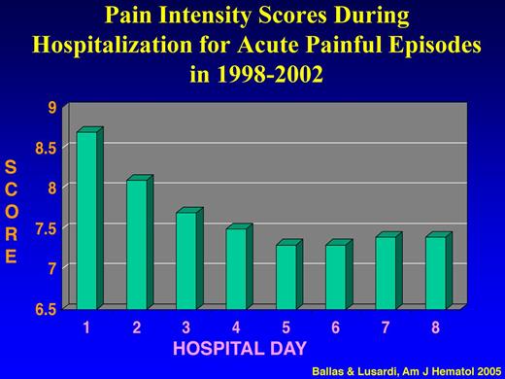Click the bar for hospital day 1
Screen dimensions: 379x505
click(86, 220)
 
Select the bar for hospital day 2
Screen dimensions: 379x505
click(136, 244)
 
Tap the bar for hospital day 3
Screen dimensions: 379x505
click(185, 260)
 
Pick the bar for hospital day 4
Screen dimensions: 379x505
click(236, 268)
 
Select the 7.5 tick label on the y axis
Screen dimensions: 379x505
click(46, 228)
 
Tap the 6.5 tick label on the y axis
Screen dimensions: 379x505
click(46, 308)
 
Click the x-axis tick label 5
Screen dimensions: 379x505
click(286, 327)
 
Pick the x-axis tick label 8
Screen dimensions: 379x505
click(435, 327)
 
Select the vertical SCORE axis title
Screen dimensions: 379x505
click(12, 213)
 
